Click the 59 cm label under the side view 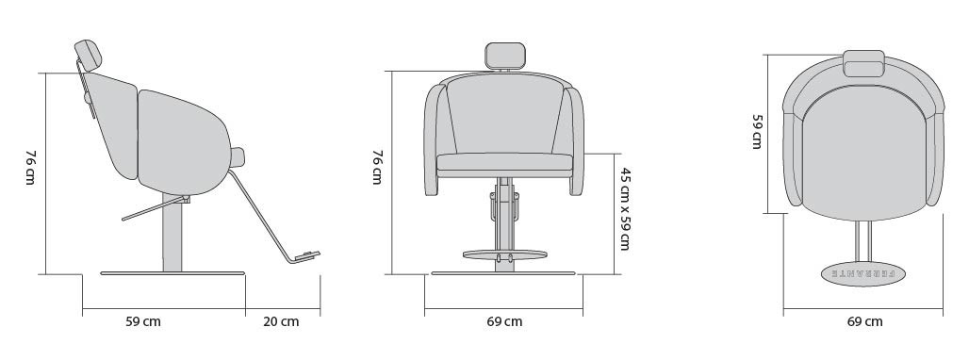click(143, 321)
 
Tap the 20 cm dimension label click(281, 321)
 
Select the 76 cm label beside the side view click(30, 168)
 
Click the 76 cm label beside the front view click(377, 168)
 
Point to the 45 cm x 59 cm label click(625, 208)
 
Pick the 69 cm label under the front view click(504, 321)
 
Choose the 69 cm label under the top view click(864, 321)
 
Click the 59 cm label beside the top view click(757, 132)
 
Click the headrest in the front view click(505, 56)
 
